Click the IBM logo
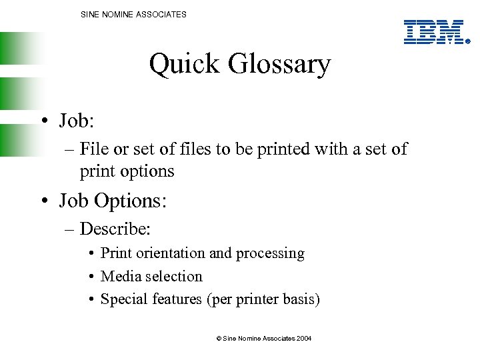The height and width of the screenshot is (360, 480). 434,31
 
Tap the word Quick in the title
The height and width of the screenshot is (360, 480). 184,65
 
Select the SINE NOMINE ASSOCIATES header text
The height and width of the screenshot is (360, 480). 133,14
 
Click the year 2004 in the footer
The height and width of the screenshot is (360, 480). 303,339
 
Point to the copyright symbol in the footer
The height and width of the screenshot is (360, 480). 219,339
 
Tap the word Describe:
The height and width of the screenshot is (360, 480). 115,229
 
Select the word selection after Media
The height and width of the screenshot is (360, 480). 171,276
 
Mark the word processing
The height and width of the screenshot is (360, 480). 272,254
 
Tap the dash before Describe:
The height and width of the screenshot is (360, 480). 69,230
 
